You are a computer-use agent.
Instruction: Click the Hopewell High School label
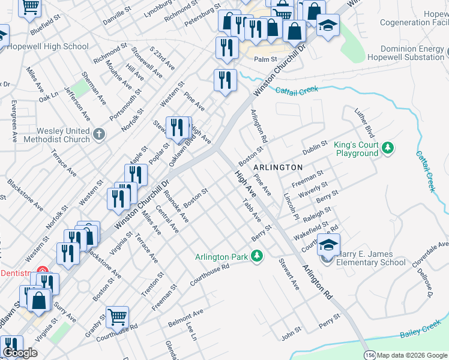(49, 46)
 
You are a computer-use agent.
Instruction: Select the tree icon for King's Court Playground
(388, 146)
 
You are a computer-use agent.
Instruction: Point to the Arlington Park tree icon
(257, 257)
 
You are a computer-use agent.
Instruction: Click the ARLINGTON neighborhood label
(277, 166)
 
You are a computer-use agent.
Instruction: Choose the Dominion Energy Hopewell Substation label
(412, 53)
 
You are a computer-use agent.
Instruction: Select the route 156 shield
(370, 354)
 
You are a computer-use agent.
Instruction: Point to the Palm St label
(265, 59)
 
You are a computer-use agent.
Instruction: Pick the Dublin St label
(315, 147)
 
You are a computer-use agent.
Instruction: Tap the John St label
(291, 331)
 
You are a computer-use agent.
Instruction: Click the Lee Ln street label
(191, 331)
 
